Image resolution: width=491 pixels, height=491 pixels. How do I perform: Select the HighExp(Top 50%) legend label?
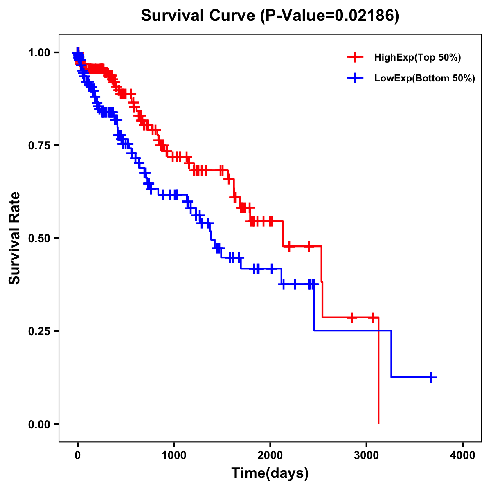click(x=417, y=58)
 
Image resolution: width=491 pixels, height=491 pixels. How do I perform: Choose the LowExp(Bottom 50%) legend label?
click(x=424, y=79)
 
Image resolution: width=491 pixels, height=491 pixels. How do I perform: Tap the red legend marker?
click(x=355, y=58)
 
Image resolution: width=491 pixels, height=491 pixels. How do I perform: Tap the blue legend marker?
click(x=355, y=79)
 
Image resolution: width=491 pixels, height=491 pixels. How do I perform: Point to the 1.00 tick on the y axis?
click(x=39, y=52)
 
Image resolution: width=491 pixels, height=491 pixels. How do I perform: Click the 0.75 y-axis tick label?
click(x=39, y=145)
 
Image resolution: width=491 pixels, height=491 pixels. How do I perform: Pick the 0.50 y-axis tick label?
click(x=39, y=238)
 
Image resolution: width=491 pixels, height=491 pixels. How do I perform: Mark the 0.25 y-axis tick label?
click(x=39, y=331)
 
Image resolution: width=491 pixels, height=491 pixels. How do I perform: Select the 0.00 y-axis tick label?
click(x=39, y=424)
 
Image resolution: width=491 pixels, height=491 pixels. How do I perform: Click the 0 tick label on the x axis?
click(x=78, y=455)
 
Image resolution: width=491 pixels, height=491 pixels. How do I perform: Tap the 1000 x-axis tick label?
click(x=174, y=455)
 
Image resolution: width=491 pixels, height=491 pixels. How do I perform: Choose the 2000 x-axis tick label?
click(x=270, y=455)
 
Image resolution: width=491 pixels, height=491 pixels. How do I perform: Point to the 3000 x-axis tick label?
click(x=367, y=455)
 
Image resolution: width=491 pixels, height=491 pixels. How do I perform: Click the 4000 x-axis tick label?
click(x=463, y=455)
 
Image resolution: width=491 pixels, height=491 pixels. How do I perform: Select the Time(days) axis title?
click(x=270, y=473)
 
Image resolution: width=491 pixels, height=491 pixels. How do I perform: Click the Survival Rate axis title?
click(x=15, y=238)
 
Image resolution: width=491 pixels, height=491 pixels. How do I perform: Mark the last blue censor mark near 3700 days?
click(x=431, y=377)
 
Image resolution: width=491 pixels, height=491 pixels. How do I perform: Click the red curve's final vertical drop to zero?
click(x=378, y=372)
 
